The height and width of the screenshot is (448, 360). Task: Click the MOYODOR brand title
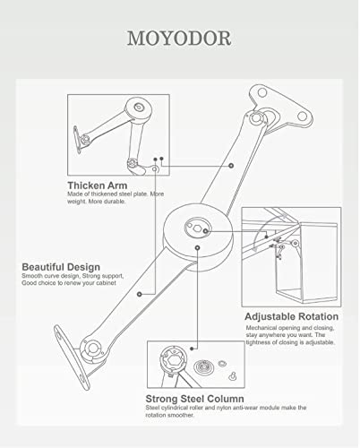(x=179, y=39)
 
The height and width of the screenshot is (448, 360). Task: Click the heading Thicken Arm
(x=98, y=185)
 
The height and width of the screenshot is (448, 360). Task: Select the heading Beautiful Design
(x=61, y=267)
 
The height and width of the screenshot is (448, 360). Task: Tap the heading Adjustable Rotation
(x=291, y=316)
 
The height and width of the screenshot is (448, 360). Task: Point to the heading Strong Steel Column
(x=194, y=399)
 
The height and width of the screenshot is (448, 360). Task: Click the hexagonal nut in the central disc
(x=196, y=228)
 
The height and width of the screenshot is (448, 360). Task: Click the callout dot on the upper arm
(x=231, y=165)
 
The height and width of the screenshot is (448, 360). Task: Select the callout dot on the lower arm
(x=139, y=294)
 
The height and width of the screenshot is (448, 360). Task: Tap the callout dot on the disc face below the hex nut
(x=197, y=247)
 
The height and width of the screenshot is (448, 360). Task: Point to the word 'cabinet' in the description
(x=106, y=283)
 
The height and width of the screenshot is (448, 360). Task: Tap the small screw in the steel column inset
(x=233, y=376)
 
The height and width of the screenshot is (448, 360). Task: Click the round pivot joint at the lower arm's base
(x=92, y=349)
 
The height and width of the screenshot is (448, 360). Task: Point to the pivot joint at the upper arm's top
(x=256, y=117)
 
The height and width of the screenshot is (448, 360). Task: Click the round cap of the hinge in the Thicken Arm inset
(x=138, y=108)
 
